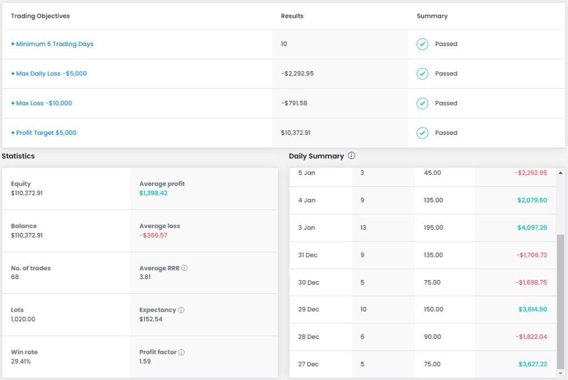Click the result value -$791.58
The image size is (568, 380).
pyautogui.click(x=294, y=103)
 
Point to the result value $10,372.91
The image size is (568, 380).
pyautogui.click(x=296, y=133)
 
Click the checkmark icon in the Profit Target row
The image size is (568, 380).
pyautogui.click(x=423, y=133)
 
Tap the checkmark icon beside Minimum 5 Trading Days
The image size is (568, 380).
pyautogui.click(x=423, y=44)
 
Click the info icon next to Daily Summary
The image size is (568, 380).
pyautogui.click(x=351, y=156)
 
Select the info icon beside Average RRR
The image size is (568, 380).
pyautogui.click(x=184, y=268)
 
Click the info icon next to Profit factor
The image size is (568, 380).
pyautogui.click(x=181, y=352)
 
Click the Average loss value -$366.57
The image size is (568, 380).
pyautogui.click(x=153, y=235)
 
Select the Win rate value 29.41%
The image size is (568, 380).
pyautogui.click(x=21, y=361)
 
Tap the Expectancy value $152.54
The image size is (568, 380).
pyautogui.click(x=151, y=319)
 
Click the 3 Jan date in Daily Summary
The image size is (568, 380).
pyautogui.click(x=307, y=227)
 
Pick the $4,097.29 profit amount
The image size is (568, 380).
pyautogui.click(x=532, y=227)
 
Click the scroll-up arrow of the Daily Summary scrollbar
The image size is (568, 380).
pyautogui.click(x=561, y=173)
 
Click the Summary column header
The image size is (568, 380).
pyautogui.click(x=432, y=16)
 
